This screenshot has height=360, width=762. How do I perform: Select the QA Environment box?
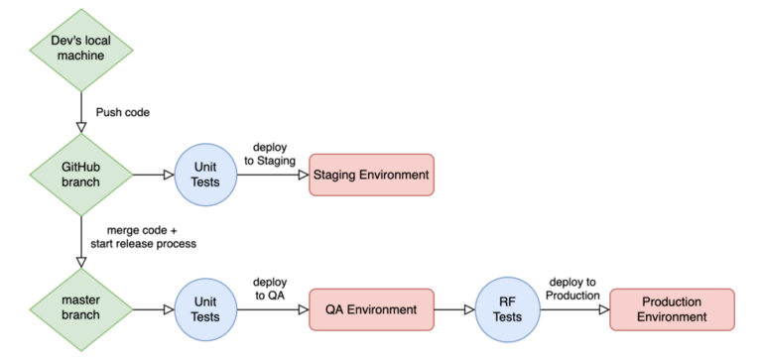371,308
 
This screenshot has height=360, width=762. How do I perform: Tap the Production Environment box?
672,308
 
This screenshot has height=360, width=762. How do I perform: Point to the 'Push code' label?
122,112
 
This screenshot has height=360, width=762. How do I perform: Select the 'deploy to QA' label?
271,288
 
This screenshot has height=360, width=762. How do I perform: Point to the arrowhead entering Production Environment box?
603,308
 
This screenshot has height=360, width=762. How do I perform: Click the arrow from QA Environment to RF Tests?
454,308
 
